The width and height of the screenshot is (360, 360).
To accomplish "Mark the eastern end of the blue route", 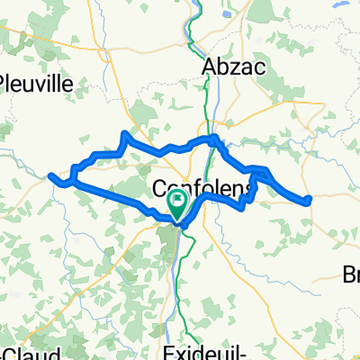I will click(x=309, y=199).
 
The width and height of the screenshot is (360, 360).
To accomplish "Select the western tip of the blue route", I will click(x=50, y=175).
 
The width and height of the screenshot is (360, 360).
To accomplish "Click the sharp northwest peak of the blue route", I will click(x=123, y=134).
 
